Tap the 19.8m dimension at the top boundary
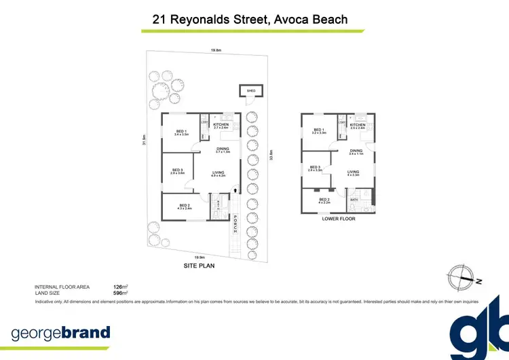click(x=216, y=50)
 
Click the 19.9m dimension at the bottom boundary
click(x=199, y=257)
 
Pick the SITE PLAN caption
click(x=200, y=266)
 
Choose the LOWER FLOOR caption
click(x=339, y=219)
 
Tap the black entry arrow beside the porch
click(x=235, y=191)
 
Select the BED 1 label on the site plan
click(x=181, y=131)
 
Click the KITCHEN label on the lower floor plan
click(x=358, y=125)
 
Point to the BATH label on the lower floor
click(x=354, y=200)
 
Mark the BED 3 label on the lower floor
click(x=314, y=167)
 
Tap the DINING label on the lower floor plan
click(x=356, y=150)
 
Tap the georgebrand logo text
click(x=60, y=333)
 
